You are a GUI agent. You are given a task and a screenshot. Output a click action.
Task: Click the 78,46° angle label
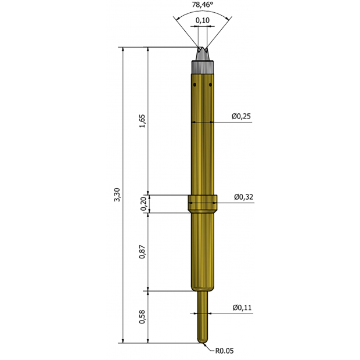click(203, 5)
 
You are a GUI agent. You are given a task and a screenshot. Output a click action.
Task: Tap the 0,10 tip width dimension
click(203, 20)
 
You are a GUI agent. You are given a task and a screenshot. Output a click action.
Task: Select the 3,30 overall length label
click(117, 195)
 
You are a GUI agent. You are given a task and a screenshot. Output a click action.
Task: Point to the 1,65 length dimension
click(142, 121)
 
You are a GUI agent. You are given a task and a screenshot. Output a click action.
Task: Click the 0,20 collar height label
click(144, 204)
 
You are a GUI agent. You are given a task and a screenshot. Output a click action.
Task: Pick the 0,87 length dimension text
click(142, 252)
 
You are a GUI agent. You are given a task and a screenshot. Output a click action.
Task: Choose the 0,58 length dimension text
click(142, 317)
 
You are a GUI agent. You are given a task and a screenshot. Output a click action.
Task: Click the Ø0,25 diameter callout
click(241, 116)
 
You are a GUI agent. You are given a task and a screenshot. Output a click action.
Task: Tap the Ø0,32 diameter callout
click(244, 197)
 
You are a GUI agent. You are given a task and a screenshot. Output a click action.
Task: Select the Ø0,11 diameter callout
click(242, 307)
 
